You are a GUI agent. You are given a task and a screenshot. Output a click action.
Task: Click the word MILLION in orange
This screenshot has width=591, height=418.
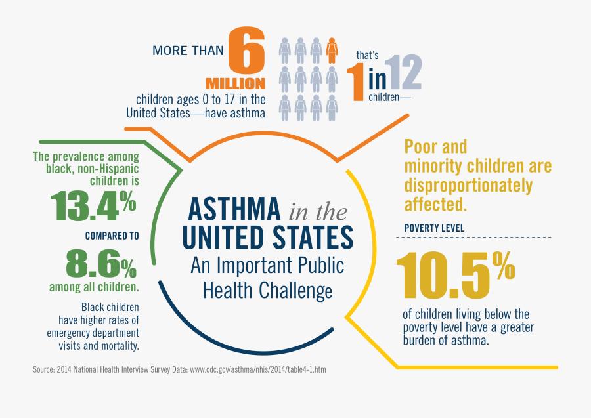click(235, 84)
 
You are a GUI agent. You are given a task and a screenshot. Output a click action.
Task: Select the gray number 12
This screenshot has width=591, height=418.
click(403, 73)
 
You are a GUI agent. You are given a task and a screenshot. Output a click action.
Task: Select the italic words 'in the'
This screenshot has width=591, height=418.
click(317, 211)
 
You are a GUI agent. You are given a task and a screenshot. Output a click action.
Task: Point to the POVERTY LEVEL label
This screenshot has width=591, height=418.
click(434, 228)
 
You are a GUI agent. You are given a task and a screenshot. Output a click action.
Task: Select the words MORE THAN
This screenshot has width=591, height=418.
click(188, 51)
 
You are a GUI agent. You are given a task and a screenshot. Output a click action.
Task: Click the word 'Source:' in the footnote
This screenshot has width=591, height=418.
click(44, 370)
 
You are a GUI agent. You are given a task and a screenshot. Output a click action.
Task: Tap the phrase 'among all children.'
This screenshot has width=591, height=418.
click(94, 287)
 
